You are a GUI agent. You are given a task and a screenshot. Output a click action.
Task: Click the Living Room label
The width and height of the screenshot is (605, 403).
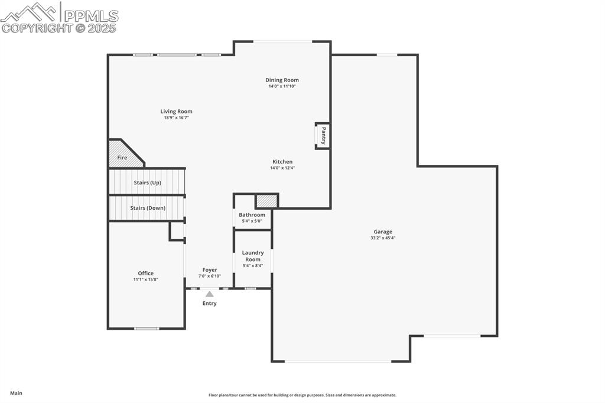click(176, 112)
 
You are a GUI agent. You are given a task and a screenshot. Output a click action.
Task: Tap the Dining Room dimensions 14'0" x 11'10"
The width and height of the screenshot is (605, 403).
click(282, 86)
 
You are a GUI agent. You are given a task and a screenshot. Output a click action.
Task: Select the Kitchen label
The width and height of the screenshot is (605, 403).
click(282, 162)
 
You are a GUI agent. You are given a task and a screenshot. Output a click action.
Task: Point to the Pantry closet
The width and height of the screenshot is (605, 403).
click(323, 136)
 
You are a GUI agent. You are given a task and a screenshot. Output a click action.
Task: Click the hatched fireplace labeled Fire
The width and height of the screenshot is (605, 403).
click(123, 154)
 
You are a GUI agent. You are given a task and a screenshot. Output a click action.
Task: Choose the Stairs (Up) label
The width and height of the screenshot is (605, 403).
click(147, 183)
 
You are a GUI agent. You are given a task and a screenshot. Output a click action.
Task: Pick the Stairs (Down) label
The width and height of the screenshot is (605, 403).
click(148, 208)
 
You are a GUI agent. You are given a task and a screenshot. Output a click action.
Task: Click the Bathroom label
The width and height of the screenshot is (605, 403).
click(252, 215)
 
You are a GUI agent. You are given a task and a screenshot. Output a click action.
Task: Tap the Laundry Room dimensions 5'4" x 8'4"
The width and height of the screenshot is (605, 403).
click(253, 266)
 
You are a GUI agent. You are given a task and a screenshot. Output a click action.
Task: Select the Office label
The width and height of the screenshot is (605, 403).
click(146, 274)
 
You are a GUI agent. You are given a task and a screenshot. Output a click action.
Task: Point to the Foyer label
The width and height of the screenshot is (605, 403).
click(210, 270)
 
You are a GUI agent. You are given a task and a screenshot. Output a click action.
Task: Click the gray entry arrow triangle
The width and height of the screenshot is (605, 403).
click(210, 294)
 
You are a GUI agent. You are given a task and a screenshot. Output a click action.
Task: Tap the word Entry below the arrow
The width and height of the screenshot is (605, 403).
click(210, 303)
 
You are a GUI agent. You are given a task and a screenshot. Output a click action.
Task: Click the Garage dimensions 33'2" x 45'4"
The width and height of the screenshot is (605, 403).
click(383, 238)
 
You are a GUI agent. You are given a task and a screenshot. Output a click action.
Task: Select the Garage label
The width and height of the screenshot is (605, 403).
click(383, 232)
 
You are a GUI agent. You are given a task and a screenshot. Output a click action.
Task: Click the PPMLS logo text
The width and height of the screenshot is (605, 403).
click(91, 16)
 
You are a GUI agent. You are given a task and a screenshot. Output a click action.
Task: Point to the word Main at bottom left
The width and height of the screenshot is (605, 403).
click(16, 394)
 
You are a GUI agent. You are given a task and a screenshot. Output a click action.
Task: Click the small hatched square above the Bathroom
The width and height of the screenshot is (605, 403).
click(266, 201)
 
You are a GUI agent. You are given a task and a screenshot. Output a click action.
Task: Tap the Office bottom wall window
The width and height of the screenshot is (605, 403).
click(147, 329)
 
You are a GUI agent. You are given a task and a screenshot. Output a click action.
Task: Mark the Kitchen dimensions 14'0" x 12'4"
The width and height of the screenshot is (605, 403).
click(282, 168)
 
